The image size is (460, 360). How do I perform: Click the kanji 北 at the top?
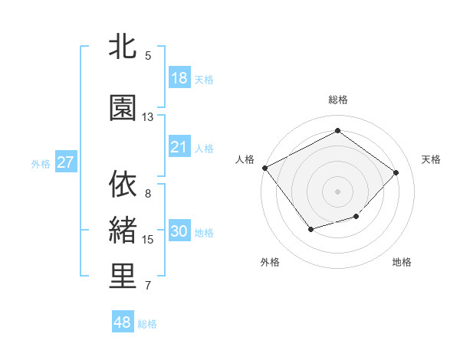pyautogui.click(x=123, y=47)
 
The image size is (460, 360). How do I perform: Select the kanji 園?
pyautogui.click(x=123, y=108)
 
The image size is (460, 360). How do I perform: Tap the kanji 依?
pyautogui.click(x=123, y=184)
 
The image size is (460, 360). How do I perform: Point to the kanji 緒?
pyautogui.click(x=123, y=230)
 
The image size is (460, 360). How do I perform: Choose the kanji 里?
pyautogui.click(x=123, y=277)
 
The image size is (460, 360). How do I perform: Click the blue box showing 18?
pyautogui.click(x=179, y=78)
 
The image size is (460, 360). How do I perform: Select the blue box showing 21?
pyautogui.click(x=179, y=147)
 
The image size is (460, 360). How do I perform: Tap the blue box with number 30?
pyautogui.click(x=179, y=232)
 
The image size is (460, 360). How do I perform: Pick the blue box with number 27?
pyautogui.click(x=65, y=162)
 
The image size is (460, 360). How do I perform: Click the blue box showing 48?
pyautogui.click(x=123, y=322)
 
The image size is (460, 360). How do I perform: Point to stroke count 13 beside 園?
pyautogui.click(x=148, y=117)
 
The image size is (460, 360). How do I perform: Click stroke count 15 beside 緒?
pyautogui.click(x=148, y=240)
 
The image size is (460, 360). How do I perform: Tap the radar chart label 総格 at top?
pyautogui.click(x=337, y=100)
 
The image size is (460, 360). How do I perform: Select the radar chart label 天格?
pyautogui.click(x=432, y=159)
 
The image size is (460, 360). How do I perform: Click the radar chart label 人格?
pyautogui.click(x=245, y=159)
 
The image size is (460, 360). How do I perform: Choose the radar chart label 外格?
pyautogui.click(x=270, y=262)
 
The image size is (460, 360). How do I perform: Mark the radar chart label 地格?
pyautogui.click(x=402, y=262)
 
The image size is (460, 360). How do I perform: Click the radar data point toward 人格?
pyautogui.click(x=265, y=168)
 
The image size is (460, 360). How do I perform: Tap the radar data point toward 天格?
pyautogui.click(x=396, y=172)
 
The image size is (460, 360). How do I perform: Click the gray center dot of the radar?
pyautogui.click(x=337, y=191)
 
